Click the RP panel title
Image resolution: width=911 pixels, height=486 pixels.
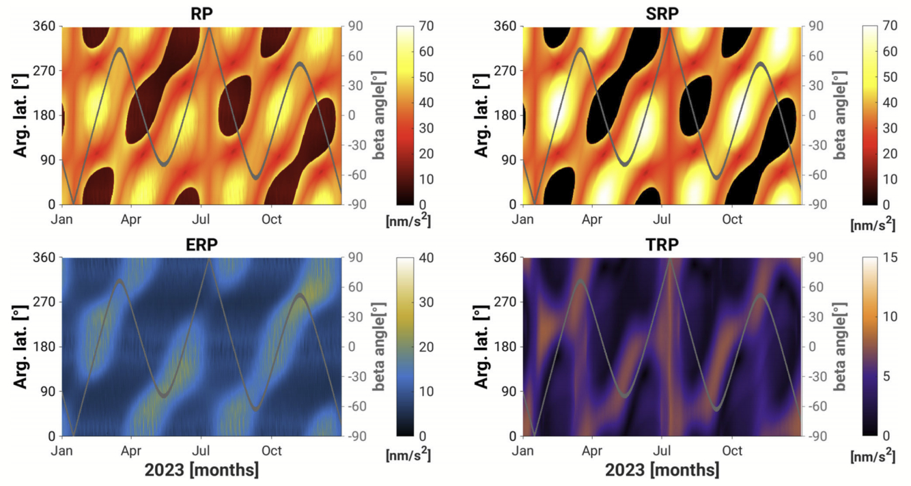(201, 12)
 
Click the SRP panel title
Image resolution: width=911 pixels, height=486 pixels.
(660, 12)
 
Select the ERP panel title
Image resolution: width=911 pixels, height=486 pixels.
(201, 244)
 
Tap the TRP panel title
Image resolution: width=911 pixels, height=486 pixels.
(660, 244)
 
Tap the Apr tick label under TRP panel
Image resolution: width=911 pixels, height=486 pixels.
(592, 451)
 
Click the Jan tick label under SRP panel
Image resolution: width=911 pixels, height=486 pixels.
(523, 220)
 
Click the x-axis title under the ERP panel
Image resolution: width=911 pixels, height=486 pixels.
(201, 471)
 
